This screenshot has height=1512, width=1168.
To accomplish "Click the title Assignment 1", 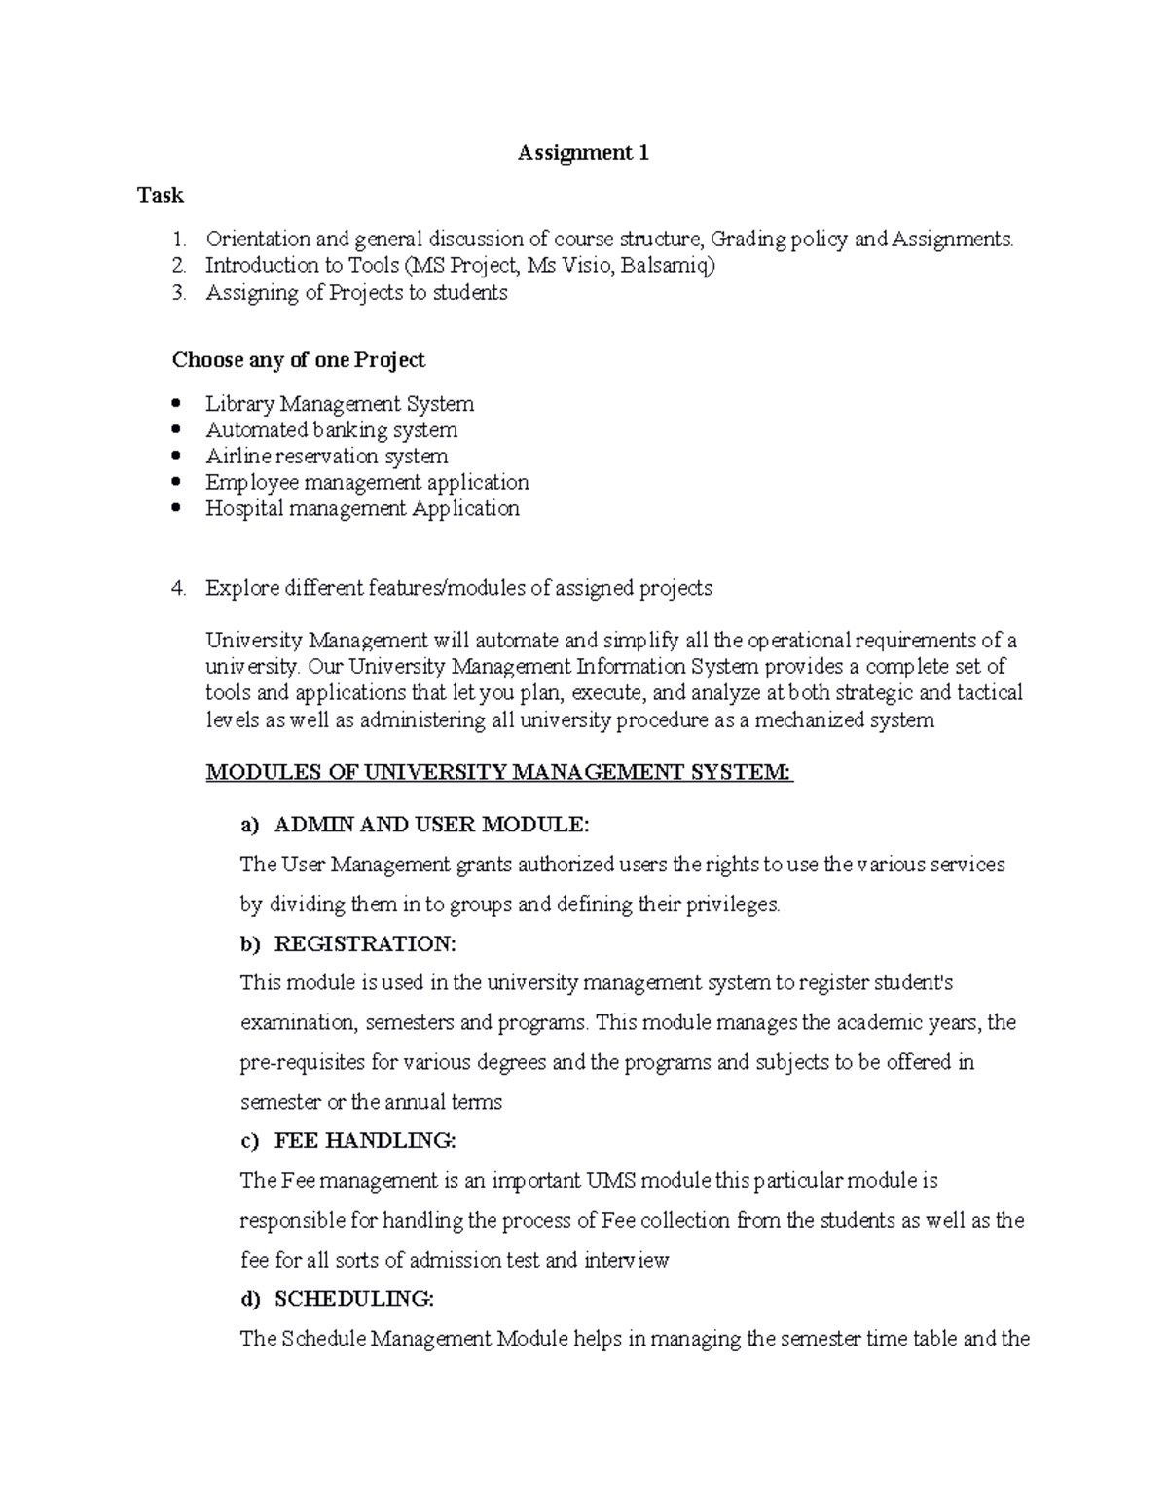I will pyautogui.click(x=583, y=153).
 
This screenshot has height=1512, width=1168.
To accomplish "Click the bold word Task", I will pyautogui.click(x=161, y=196).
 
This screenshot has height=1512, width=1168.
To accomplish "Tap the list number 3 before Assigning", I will pyautogui.click(x=178, y=293).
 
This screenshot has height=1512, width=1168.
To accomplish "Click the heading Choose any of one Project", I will pyautogui.click(x=298, y=360).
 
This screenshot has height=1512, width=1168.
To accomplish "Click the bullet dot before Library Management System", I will pyautogui.click(x=176, y=403).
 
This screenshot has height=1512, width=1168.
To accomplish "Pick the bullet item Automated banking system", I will pyautogui.click(x=331, y=430).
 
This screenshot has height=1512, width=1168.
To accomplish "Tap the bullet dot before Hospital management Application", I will pyautogui.click(x=176, y=508).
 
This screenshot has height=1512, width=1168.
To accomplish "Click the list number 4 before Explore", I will pyautogui.click(x=178, y=588).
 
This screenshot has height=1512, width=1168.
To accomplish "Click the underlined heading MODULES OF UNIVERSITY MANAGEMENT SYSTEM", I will pyautogui.click(x=499, y=773).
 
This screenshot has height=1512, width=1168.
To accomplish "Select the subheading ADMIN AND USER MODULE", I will pyautogui.click(x=431, y=826).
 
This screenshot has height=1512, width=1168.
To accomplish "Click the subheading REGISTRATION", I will pyautogui.click(x=364, y=944).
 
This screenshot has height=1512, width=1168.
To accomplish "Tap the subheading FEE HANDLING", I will pyautogui.click(x=364, y=1141).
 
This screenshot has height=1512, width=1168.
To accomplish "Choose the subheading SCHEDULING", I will pyautogui.click(x=353, y=1299).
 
